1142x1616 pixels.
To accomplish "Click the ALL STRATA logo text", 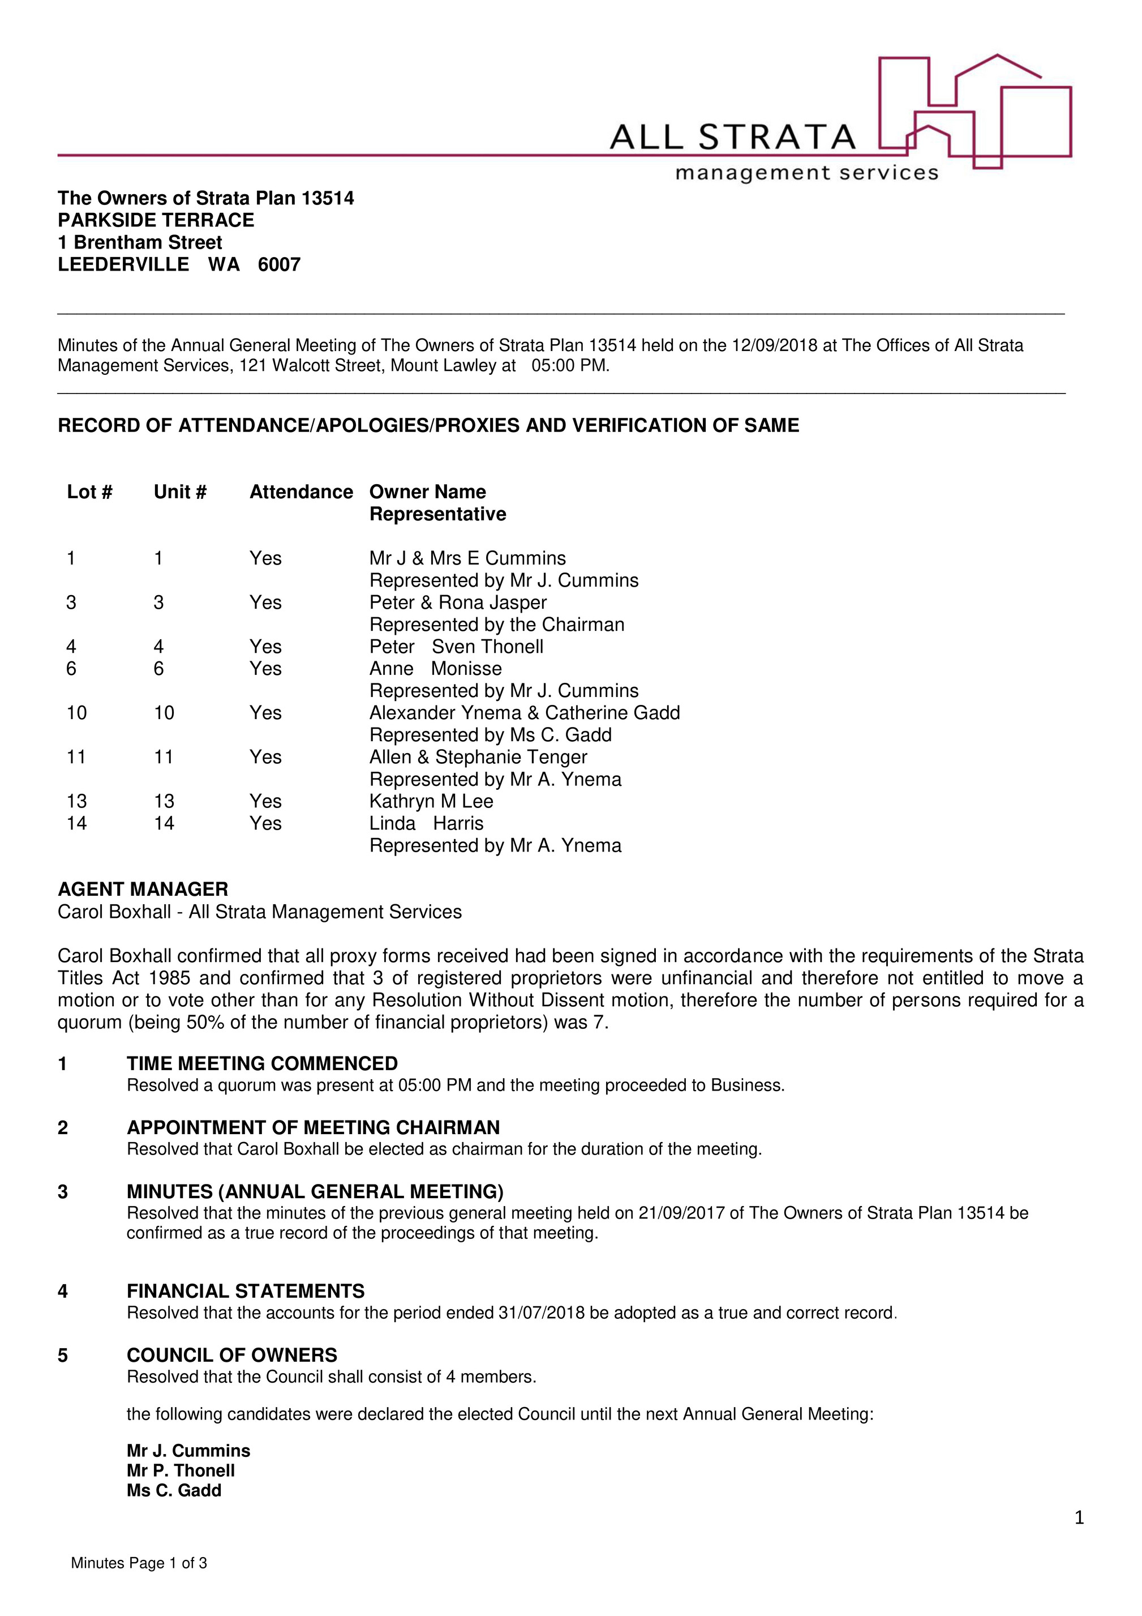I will point(732,137).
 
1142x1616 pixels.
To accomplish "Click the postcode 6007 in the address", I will point(280,264).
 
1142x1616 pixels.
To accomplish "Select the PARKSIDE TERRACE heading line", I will point(156,220).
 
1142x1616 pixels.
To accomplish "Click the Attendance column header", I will point(301,492).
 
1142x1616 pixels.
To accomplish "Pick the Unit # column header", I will point(180,492).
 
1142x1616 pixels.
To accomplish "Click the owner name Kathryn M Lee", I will point(431,801).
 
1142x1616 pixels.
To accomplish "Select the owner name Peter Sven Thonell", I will point(456,647).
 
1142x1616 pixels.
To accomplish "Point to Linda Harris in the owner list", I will point(426,823).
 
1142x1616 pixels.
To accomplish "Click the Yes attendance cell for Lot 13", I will point(265,801).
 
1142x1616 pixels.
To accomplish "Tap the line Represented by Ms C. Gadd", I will point(491,735).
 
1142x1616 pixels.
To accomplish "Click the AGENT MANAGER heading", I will point(143,890).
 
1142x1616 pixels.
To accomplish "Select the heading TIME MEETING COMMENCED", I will point(263,1063).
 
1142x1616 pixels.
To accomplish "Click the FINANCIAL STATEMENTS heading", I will point(246,1291).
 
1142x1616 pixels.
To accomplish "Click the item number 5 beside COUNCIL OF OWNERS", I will point(63,1355).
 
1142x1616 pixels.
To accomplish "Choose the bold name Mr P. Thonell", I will point(181,1470).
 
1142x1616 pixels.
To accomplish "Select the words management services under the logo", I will point(806,173).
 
